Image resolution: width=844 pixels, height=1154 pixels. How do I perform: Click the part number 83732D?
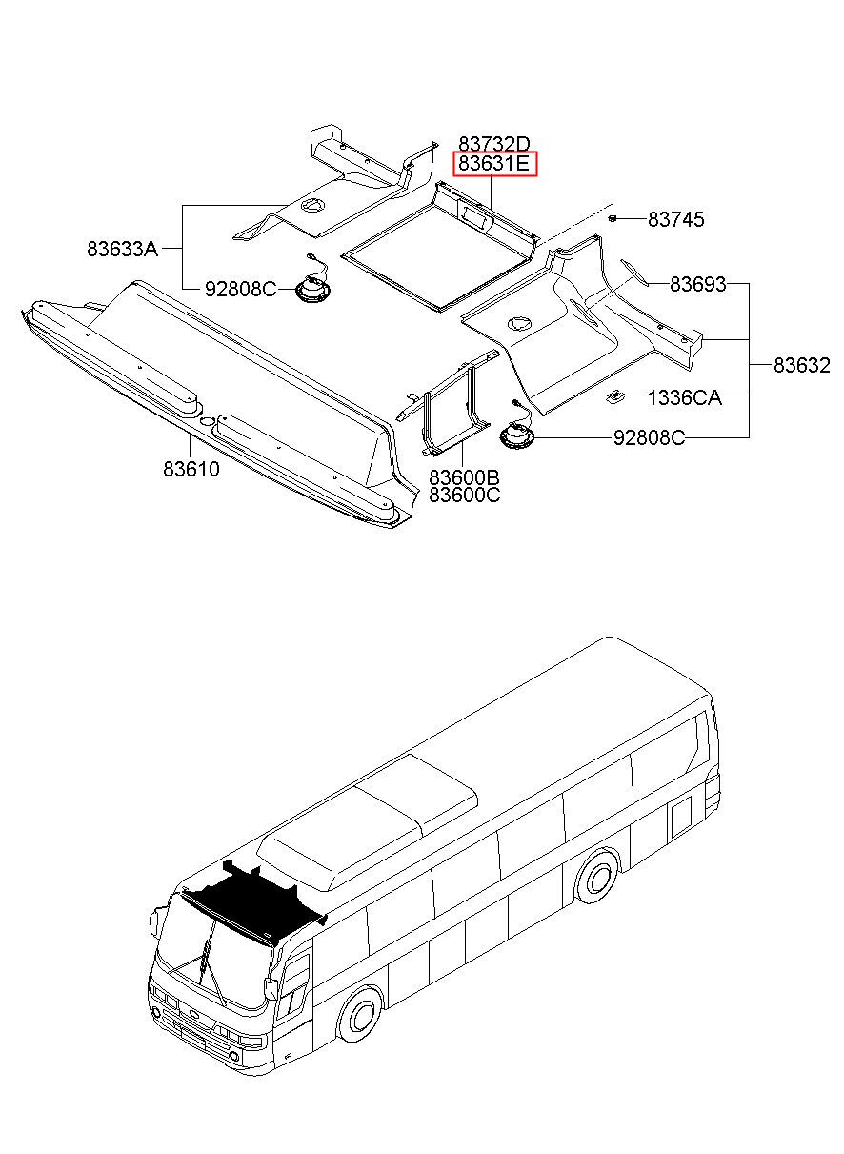click(493, 144)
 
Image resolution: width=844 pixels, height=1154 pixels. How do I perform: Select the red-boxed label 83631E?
click(494, 164)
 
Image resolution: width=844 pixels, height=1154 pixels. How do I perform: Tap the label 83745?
click(675, 219)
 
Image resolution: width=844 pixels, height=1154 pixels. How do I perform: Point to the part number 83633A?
click(123, 249)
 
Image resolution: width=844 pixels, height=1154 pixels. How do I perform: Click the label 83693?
click(697, 284)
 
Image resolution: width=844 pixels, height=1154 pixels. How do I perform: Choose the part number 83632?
click(802, 365)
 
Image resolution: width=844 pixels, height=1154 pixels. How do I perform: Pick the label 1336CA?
click(684, 397)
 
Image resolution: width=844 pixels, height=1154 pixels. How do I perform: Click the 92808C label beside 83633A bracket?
click(241, 290)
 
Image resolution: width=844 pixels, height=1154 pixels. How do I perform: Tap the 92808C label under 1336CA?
click(650, 438)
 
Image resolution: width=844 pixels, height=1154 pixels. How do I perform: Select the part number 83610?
click(191, 469)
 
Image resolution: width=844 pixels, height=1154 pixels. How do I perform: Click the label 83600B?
click(465, 477)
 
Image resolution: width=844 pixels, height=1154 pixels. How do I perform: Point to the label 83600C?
click(465, 495)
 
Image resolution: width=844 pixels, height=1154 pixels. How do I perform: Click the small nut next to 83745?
click(613, 218)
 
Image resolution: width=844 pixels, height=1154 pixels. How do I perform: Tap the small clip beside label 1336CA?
click(614, 397)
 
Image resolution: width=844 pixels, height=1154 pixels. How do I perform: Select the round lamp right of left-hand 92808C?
click(312, 286)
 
